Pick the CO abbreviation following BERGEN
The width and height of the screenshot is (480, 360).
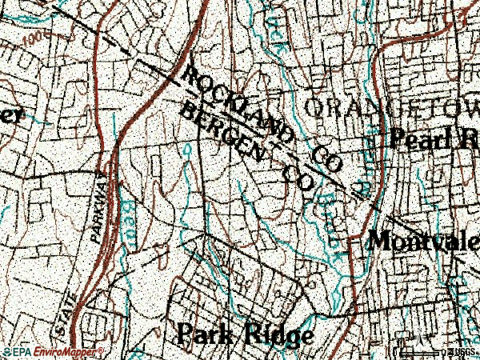296,178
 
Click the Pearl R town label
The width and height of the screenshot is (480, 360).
433,139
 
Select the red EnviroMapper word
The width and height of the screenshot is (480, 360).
65,352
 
